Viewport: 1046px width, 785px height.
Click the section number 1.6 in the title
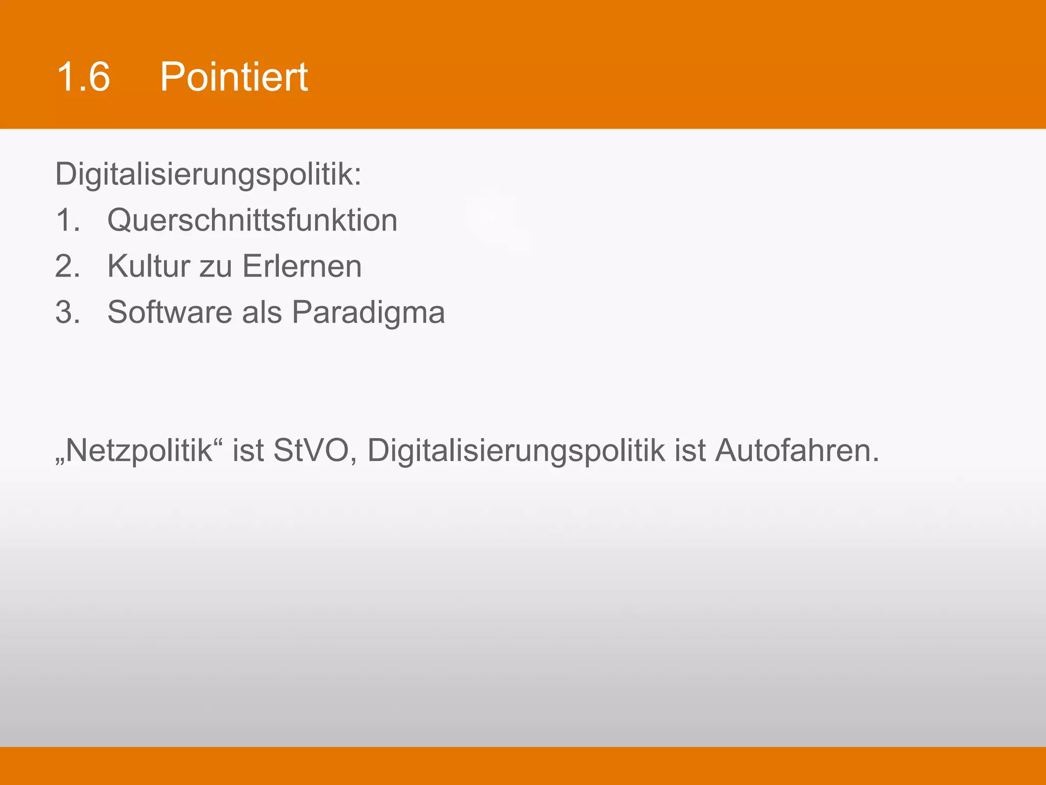click(83, 77)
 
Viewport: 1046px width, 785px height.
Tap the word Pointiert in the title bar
click(233, 77)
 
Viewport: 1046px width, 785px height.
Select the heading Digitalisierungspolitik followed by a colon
click(208, 175)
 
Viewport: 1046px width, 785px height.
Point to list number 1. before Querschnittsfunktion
click(68, 221)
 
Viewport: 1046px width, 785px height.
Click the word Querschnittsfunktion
click(252, 221)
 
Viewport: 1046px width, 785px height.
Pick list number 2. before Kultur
click(68, 267)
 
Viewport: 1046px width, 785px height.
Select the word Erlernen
click(302, 267)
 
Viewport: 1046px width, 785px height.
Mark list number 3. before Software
click(68, 313)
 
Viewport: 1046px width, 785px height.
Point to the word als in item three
click(261, 313)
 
